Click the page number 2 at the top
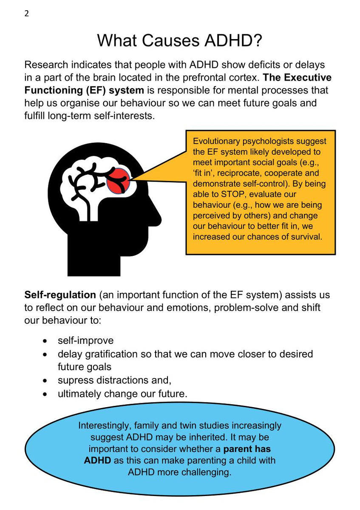point(27,13)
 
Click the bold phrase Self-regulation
point(60,295)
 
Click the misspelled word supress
point(74,380)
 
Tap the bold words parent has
point(247,449)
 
